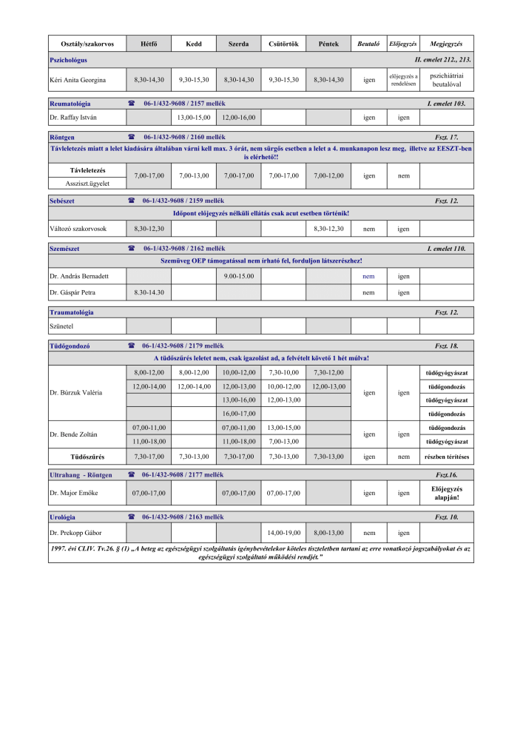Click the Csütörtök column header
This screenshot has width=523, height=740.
coord(283,44)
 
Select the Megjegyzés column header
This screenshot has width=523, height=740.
coord(446,44)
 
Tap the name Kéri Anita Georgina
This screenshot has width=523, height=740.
coord(78,79)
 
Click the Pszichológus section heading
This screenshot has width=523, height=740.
coord(69,58)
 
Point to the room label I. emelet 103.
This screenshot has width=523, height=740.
coord(446,104)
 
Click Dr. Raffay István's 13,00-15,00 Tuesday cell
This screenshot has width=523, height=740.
coord(194,117)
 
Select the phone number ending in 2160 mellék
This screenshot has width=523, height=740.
coord(185,137)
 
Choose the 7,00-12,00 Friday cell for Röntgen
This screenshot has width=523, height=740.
coord(328,175)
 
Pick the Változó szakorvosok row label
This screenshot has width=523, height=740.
coord(78,229)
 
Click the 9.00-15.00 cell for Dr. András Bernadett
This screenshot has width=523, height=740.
coord(238,276)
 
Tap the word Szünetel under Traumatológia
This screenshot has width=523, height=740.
coord(61,326)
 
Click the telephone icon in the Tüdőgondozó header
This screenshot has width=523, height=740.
coord(131,346)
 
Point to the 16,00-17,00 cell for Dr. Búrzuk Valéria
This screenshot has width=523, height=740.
coord(238,413)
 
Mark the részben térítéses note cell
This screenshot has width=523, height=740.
coord(446,457)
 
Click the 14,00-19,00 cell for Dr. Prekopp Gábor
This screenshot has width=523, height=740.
coord(283,532)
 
